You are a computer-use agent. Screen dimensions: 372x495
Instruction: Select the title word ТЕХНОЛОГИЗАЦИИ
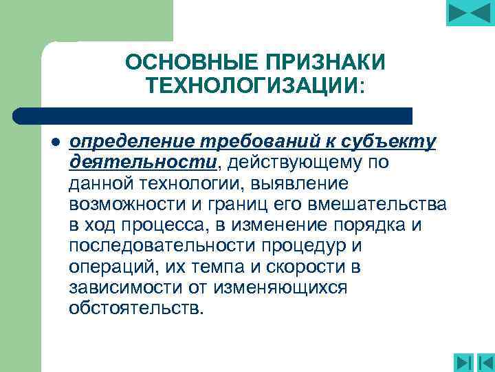(252, 86)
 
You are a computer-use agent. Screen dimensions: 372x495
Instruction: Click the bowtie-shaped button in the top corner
(470, 13)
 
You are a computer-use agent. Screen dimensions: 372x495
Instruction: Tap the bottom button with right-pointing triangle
(464, 362)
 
